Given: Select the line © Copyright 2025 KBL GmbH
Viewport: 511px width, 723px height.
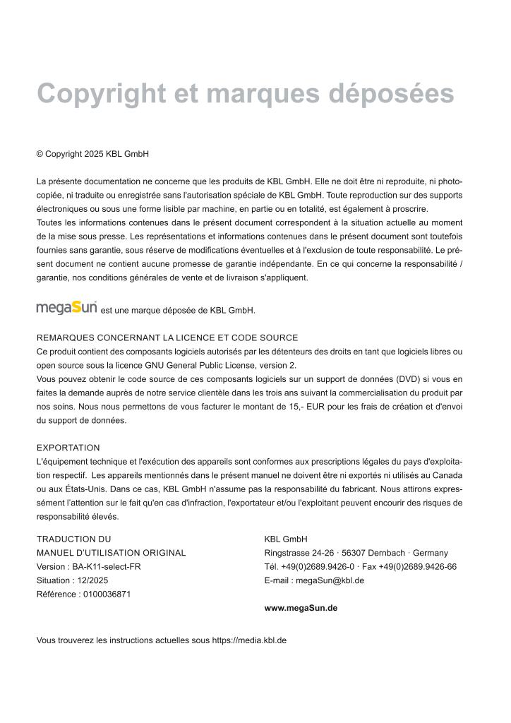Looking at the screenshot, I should (92, 154).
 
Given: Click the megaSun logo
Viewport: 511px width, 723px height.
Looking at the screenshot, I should (66, 308).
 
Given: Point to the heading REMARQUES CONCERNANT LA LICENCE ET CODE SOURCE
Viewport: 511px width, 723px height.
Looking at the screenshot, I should (167, 338).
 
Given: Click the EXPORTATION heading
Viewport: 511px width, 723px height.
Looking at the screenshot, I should (68, 448).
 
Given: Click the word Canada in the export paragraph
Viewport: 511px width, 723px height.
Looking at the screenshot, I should (447, 475).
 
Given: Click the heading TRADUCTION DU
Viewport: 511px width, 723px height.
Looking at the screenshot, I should (73, 539).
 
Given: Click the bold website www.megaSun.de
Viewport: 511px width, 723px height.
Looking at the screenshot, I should (301, 607).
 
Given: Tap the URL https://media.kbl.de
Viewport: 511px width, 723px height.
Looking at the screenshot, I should (249, 640).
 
